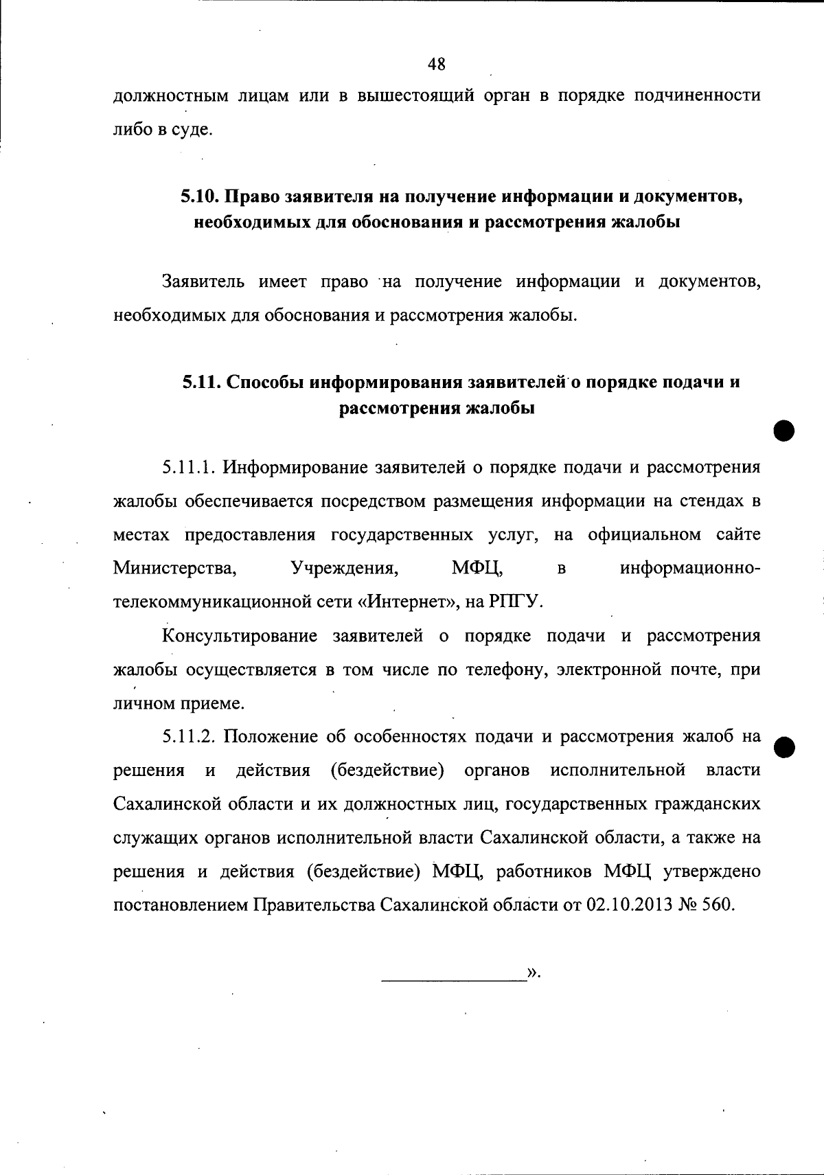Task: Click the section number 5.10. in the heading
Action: click(200, 196)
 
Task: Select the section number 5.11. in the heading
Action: click(201, 382)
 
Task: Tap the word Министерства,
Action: click(175, 569)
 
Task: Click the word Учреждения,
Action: click(345, 569)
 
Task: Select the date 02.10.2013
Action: click(629, 904)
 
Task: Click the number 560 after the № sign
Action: click(719, 904)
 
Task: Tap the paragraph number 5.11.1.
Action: click(190, 468)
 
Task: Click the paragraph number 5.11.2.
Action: click(190, 737)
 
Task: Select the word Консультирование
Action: click(240, 636)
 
